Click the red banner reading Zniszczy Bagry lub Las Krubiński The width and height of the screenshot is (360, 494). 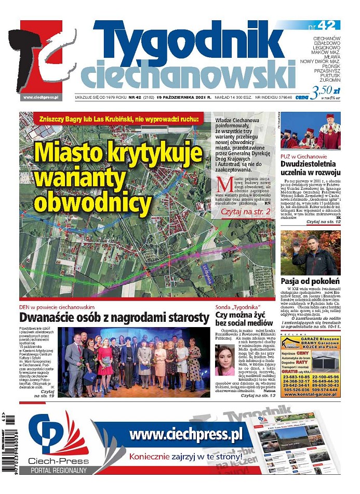coord(118,120)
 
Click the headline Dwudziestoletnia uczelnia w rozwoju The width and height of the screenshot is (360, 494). coord(310,168)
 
